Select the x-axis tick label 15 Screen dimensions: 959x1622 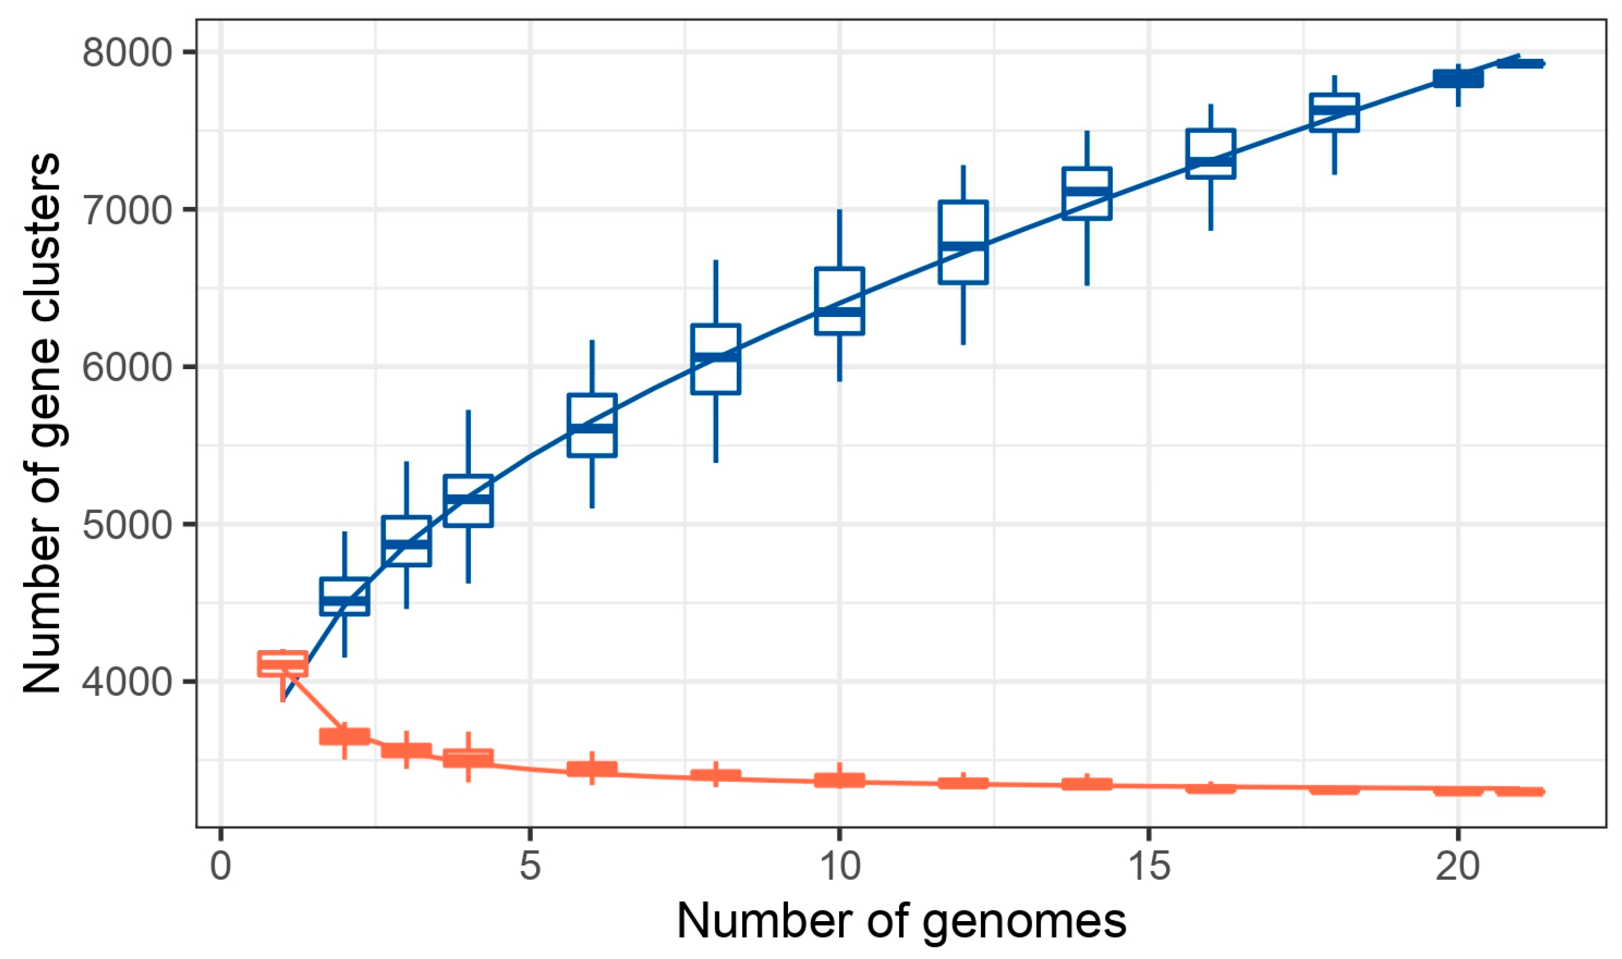pyautogui.click(x=1149, y=866)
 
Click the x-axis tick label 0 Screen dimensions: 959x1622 pyautogui.click(x=221, y=866)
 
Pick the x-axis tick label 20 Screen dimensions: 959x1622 pyautogui.click(x=1458, y=866)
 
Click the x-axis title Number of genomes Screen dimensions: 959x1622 pyautogui.click(x=902, y=921)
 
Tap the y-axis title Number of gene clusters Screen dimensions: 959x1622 pyautogui.click(x=42, y=423)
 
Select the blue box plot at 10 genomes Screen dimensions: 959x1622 pyautogui.click(x=840, y=301)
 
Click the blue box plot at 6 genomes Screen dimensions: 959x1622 pyautogui.click(x=592, y=424)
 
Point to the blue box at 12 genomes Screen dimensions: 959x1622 pyautogui.click(x=963, y=242)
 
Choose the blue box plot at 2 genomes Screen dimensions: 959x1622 pyautogui.click(x=345, y=596)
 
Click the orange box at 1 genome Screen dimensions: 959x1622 pyautogui.click(x=283, y=664)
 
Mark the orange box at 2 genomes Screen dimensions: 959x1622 pyautogui.click(x=345, y=736)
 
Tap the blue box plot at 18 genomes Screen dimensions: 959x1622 pyautogui.click(x=1334, y=113)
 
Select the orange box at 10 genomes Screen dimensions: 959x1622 pyautogui.click(x=840, y=780)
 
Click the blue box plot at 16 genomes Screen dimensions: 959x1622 pyautogui.click(x=1210, y=153)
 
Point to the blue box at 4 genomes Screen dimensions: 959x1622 pyautogui.click(x=468, y=501)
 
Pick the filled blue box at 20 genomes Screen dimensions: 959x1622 pyautogui.click(x=1458, y=79)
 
